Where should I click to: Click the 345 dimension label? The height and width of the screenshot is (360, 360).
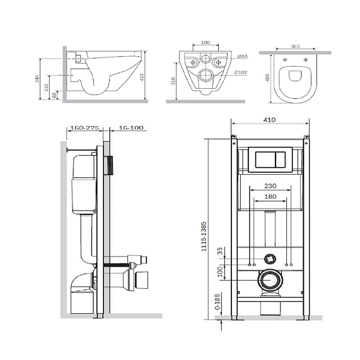(37, 79)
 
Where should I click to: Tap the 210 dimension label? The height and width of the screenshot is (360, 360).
(47, 88)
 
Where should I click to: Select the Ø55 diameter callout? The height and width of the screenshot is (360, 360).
(243, 56)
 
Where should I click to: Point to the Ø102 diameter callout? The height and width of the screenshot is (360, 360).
(241, 73)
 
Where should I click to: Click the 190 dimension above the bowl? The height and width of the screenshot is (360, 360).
(206, 42)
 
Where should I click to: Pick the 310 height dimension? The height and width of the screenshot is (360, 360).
(173, 81)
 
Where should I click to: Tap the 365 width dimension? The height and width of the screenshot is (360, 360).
(295, 46)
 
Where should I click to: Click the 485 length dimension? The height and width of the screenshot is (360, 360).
(267, 78)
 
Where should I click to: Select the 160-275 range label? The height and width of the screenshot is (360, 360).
(84, 127)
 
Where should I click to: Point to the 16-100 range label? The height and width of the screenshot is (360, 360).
(131, 127)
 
